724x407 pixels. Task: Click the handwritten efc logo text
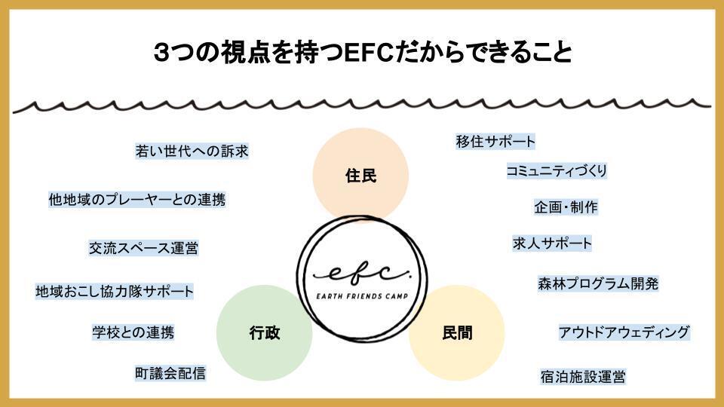[x=361, y=272]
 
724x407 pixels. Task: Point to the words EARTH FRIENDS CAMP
[x=362, y=296]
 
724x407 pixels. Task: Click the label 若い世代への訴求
[x=192, y=151]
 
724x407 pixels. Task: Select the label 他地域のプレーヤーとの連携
[x=137, y=199]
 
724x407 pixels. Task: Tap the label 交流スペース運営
[x=143, y=248]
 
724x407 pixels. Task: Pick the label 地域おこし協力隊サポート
[x=115, y=291]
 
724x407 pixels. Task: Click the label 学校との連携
[x=133, y=332]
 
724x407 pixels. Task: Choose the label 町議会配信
[x=170, y=373]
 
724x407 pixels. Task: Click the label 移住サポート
[x=495, y=141]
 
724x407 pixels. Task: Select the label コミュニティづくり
[x=557, y=171]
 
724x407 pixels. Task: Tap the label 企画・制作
[x=566, y=207]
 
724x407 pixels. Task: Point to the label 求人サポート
[x=552, y=243]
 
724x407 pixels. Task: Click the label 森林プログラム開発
[x=598, y=283]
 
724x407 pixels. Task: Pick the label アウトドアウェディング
[x=624, y=332]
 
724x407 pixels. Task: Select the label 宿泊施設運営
[x=583, y=377]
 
